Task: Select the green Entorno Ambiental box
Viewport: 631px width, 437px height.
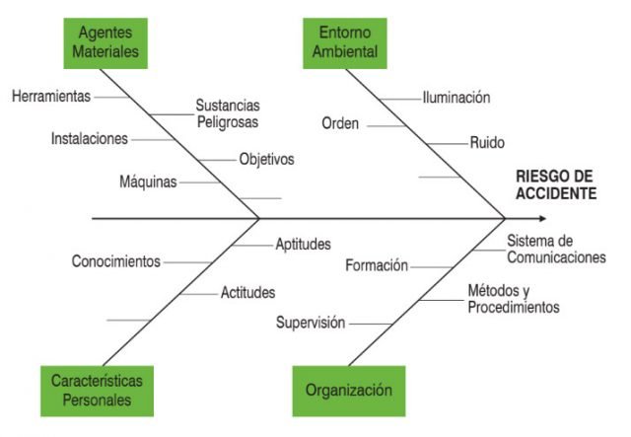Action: point(345,41)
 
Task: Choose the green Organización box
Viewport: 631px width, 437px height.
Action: point(349,390)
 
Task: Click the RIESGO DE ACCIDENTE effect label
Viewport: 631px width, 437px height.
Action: point(556,184)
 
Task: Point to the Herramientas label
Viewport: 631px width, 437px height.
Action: point(51,97)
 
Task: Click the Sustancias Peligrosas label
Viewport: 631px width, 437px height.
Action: point(227,113)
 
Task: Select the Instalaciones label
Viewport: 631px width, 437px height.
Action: point(89,139)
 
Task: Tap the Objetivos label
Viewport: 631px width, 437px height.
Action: point(266,159)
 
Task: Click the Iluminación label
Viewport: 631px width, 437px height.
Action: point(456,97)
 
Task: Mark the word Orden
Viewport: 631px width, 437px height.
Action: point(341,124)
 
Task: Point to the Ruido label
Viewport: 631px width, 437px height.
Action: point(487,142)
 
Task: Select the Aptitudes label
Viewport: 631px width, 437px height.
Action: point(303,245)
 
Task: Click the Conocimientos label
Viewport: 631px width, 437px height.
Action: point(115,261)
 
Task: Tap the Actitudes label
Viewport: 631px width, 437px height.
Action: point(247,292)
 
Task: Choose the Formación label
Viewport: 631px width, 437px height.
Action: point(377,264)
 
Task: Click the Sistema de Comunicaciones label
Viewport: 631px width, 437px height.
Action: point(556,249)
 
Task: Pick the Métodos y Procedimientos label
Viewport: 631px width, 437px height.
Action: point(513,299)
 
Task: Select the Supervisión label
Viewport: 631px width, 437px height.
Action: point(311,322)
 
